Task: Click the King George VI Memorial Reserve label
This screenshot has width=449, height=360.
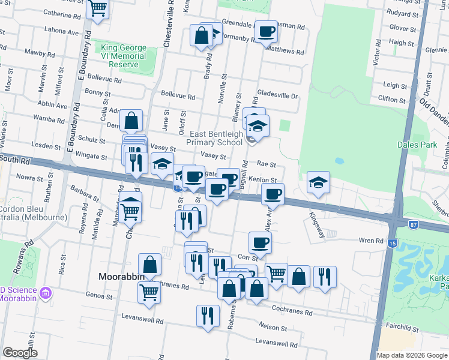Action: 124,56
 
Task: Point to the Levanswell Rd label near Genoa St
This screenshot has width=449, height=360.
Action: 143,321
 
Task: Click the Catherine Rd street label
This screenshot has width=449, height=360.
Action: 61,13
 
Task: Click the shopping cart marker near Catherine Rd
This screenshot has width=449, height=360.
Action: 97,8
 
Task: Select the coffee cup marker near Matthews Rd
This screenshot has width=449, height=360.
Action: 265,32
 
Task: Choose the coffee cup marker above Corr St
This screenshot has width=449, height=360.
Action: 260,242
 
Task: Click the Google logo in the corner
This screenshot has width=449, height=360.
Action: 19,352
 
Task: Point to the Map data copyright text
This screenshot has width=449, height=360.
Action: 412,355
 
